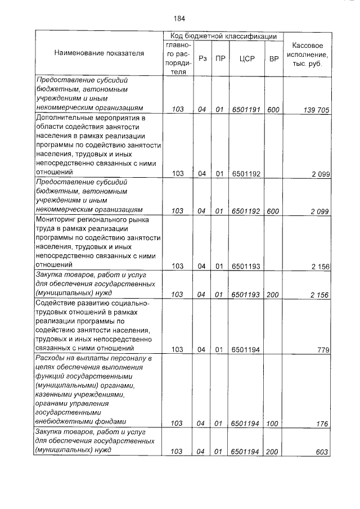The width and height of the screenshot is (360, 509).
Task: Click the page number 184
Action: (179, 18)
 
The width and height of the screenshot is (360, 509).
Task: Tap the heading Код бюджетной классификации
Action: (223, 36)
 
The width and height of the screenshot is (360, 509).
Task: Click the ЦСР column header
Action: (246, 58)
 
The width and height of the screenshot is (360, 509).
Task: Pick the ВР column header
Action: (274, 58)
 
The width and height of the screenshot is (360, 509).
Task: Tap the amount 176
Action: (322, 424)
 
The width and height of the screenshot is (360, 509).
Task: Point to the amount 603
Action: (322, 451)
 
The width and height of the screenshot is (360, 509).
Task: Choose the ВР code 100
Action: (274, 424)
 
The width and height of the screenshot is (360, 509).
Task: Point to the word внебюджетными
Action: (64, 421)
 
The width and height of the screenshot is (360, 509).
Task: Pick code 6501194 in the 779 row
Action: (246, 349)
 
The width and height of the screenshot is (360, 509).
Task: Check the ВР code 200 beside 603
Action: (274, 451)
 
